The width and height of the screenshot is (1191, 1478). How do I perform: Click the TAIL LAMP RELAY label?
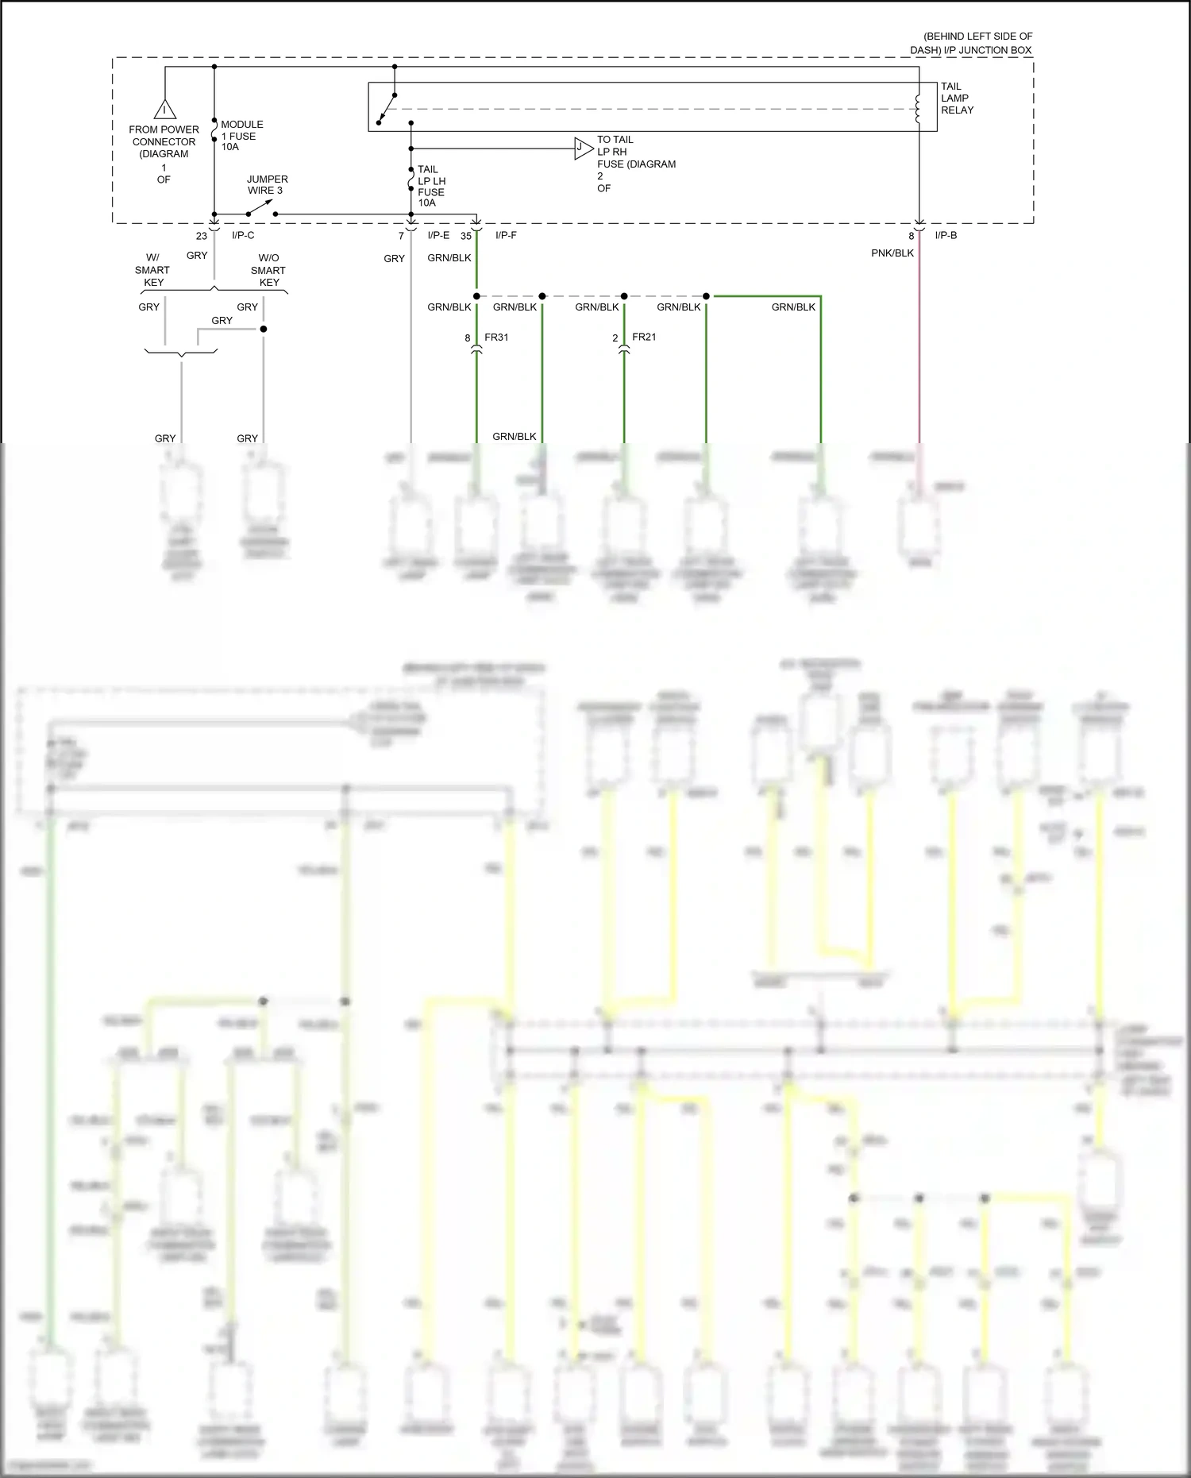pos(956,98)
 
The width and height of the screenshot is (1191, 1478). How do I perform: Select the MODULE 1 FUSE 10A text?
pos(241,136)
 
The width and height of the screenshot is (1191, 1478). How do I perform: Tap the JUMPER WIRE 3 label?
pos(267,185)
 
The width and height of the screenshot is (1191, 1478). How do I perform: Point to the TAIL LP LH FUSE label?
pos(430,186)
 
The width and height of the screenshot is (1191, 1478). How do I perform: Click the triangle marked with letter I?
pos(164,109)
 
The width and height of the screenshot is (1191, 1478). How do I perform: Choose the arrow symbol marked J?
pos(583,148)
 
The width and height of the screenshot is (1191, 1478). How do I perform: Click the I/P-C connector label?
pos(243,236)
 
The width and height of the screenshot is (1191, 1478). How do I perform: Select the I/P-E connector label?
pos(438,236)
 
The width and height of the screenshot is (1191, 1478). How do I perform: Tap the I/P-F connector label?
pos(506,236)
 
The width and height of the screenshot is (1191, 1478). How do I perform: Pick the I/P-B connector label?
pos(946,236)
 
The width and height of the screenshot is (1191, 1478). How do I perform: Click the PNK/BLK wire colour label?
pos(892,253)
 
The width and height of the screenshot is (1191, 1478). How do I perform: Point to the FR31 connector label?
pos(496,338)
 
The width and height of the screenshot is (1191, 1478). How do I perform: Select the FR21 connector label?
pos(644,338)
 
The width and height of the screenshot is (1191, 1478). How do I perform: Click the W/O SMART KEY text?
pos(268,270)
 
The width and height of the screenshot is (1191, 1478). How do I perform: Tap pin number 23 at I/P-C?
pos(202,236)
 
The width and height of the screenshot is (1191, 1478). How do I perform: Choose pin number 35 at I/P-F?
pos(466,236)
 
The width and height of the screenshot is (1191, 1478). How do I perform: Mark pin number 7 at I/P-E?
pos(401,236)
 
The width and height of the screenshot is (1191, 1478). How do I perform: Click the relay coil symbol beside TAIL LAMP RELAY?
pos(918,110)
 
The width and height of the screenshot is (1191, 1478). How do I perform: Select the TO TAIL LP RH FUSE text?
pos(635,164)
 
